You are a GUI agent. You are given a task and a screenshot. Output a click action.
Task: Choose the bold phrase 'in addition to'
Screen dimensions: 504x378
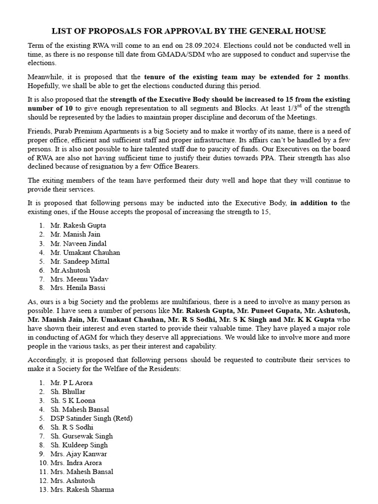point(314,203)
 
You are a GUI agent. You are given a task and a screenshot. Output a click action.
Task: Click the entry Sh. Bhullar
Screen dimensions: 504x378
point(68,392)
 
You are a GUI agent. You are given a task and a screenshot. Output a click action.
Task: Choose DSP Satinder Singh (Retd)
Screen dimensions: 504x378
point(92,418)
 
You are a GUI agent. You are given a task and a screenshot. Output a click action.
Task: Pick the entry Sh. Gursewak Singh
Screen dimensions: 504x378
point(81,436)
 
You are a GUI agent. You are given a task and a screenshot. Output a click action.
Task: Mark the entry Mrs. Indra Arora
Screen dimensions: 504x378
point(76,463)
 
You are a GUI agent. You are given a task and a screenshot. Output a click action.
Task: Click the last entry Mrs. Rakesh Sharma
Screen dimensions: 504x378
point(82,490)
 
